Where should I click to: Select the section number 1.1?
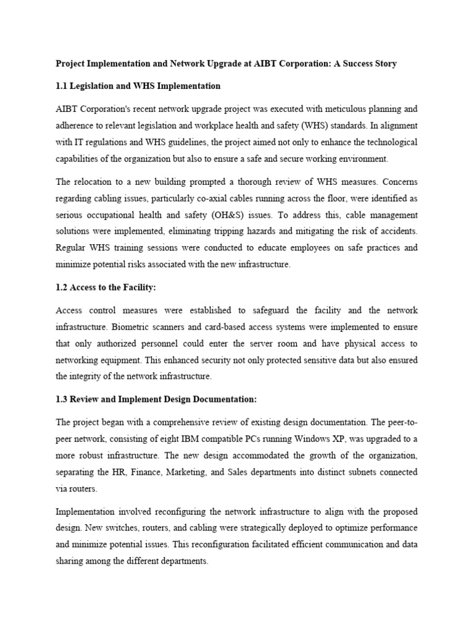62,86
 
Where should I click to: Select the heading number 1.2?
62,287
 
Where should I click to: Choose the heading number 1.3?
62,399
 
